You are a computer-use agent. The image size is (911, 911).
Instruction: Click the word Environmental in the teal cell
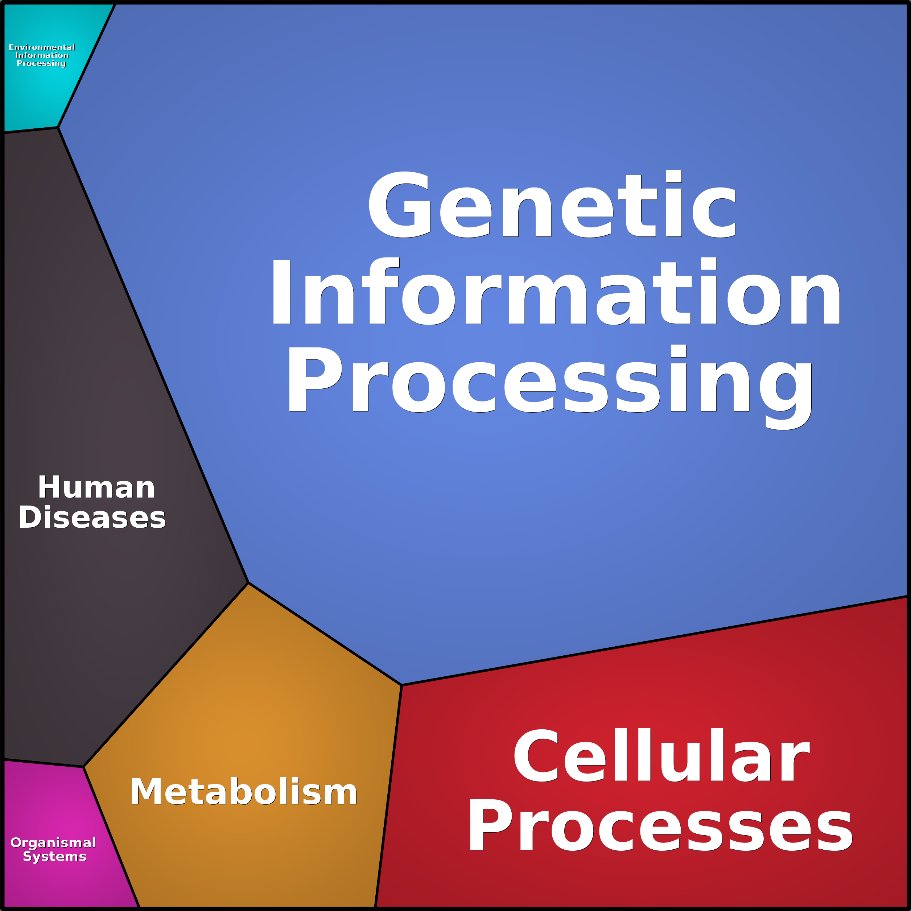coord(42,48)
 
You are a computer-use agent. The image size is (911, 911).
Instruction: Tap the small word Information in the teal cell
coord(42,55)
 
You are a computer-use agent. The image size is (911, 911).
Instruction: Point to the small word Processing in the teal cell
coord(41,63)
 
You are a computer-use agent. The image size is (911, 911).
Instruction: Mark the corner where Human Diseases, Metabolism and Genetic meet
coord(248,583)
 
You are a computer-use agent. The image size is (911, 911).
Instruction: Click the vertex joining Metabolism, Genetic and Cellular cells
coord(401,685)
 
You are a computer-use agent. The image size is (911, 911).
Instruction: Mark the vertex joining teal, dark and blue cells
coord(58,127)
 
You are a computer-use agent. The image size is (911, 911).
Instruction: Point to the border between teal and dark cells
coord(31,130)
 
